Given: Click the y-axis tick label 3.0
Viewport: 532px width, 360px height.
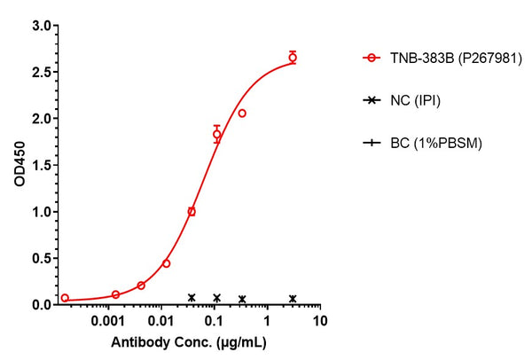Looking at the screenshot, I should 39,26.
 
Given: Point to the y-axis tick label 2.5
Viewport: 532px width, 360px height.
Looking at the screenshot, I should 39,72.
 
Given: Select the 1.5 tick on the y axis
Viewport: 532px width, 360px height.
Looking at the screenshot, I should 39,165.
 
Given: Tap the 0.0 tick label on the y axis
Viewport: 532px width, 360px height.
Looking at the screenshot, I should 39,305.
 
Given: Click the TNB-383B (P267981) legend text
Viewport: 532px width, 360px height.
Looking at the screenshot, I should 447,59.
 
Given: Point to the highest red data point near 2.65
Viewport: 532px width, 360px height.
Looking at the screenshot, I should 293,58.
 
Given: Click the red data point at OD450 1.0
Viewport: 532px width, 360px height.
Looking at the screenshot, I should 192,212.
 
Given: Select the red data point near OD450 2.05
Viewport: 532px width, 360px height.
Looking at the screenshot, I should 242,113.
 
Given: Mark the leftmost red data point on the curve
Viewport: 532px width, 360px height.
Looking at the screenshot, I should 65,298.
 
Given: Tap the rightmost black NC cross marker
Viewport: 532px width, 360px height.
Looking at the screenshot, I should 293,299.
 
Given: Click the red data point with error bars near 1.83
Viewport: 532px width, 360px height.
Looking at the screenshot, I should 216,134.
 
